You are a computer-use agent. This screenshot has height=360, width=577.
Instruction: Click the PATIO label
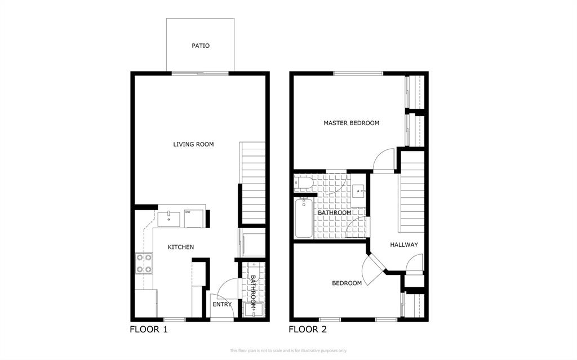click(200, 46)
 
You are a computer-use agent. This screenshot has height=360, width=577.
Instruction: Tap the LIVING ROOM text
click(193, 144)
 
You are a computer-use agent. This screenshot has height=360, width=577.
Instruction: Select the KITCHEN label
click(181, 247)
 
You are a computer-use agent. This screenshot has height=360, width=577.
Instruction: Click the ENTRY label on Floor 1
click(222, 304)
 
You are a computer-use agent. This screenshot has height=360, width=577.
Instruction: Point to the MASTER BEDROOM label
click(351, 123)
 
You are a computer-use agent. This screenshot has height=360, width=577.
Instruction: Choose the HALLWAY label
click(404, 245)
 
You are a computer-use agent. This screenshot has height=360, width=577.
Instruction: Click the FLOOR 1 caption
click(149, 330)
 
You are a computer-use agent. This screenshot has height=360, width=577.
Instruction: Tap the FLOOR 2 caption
click(308, 330)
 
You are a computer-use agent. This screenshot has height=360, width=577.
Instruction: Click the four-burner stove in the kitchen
click(144, 263)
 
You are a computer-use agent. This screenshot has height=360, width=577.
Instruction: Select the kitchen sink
click(168, 219)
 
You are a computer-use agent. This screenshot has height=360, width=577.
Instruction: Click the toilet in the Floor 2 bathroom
click(303, 183)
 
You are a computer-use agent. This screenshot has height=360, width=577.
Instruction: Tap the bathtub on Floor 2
click(303, 218)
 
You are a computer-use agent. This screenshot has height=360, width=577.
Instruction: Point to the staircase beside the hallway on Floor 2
click(412, 192)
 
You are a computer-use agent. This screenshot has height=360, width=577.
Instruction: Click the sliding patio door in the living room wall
click(200, 73)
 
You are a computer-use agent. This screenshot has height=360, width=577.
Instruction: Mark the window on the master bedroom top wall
click(358, 73)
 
